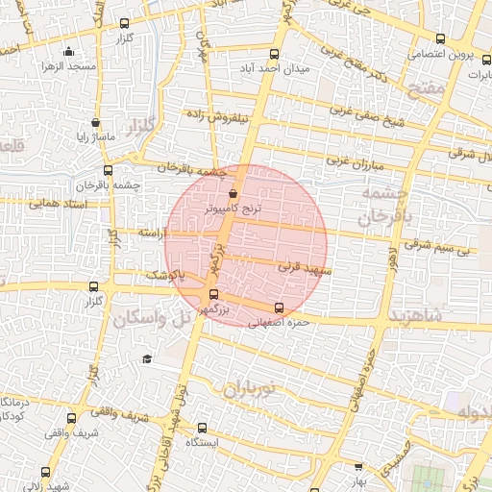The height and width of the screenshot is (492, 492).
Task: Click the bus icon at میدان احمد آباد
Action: point(276,54)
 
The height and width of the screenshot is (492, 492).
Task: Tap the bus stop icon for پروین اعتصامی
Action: point(440,39)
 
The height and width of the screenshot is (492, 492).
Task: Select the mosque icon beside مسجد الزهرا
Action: point(66,52)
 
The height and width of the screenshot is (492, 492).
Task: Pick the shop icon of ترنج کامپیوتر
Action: point(234,193)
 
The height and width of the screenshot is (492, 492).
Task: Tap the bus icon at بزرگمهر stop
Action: point(213,295)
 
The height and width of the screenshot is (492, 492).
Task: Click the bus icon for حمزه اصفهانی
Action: point(279,308)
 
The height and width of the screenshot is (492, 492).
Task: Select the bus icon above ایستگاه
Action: point(202,428)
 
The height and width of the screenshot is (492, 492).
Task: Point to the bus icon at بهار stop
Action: point(358,467)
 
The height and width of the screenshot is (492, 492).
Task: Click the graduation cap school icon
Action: point(147,358)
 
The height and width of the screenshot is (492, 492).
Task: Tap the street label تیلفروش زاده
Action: point(243,116)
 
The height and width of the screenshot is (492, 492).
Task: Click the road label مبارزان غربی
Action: point(354,164)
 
